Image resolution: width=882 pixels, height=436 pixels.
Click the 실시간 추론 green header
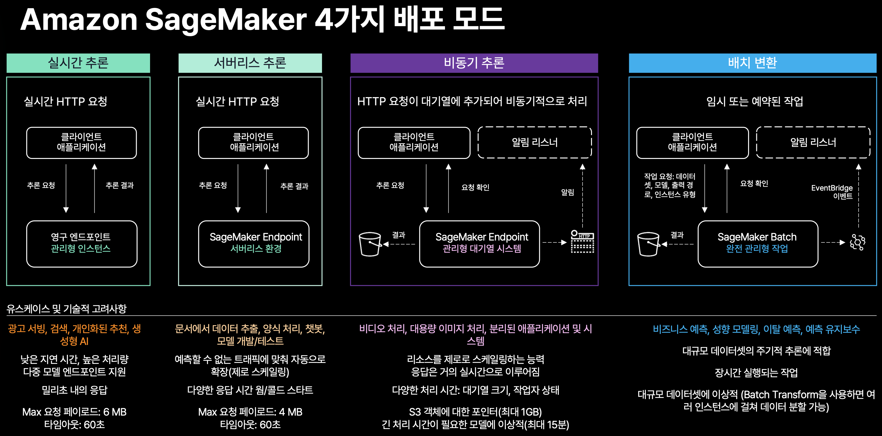click(78, 63)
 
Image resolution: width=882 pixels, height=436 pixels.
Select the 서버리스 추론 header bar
click(250, 63)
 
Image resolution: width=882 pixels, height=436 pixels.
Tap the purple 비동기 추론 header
click(474, 63)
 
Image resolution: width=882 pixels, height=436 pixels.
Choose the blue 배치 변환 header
click(752, 63)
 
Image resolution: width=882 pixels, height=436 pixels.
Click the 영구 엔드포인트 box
click(82, 244)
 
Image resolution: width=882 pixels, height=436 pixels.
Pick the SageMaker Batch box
click(758, 244)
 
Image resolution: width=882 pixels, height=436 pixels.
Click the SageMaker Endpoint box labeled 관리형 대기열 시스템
click(479, 244)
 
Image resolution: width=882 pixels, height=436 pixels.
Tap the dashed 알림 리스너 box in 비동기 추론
click(534, 142)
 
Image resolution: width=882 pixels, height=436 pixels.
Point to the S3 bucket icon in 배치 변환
click(648, 244)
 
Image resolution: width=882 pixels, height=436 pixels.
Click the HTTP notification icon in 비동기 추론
click(582, 241)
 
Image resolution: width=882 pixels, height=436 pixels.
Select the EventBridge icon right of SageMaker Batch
click(857, 242)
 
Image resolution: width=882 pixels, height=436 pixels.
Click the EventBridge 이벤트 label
click(832, 192)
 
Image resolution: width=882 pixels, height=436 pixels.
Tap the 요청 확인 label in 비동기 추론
click(475, 187)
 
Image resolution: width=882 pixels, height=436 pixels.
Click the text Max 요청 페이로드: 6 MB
click(74, 412)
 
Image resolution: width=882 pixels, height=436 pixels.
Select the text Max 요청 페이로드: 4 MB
click(250, 412)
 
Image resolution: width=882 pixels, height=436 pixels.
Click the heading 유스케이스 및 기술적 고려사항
click(66, 309)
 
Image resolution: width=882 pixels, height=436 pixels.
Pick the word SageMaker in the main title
click(226, 20)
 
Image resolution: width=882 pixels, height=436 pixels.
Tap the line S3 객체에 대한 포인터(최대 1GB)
click(475, 412)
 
